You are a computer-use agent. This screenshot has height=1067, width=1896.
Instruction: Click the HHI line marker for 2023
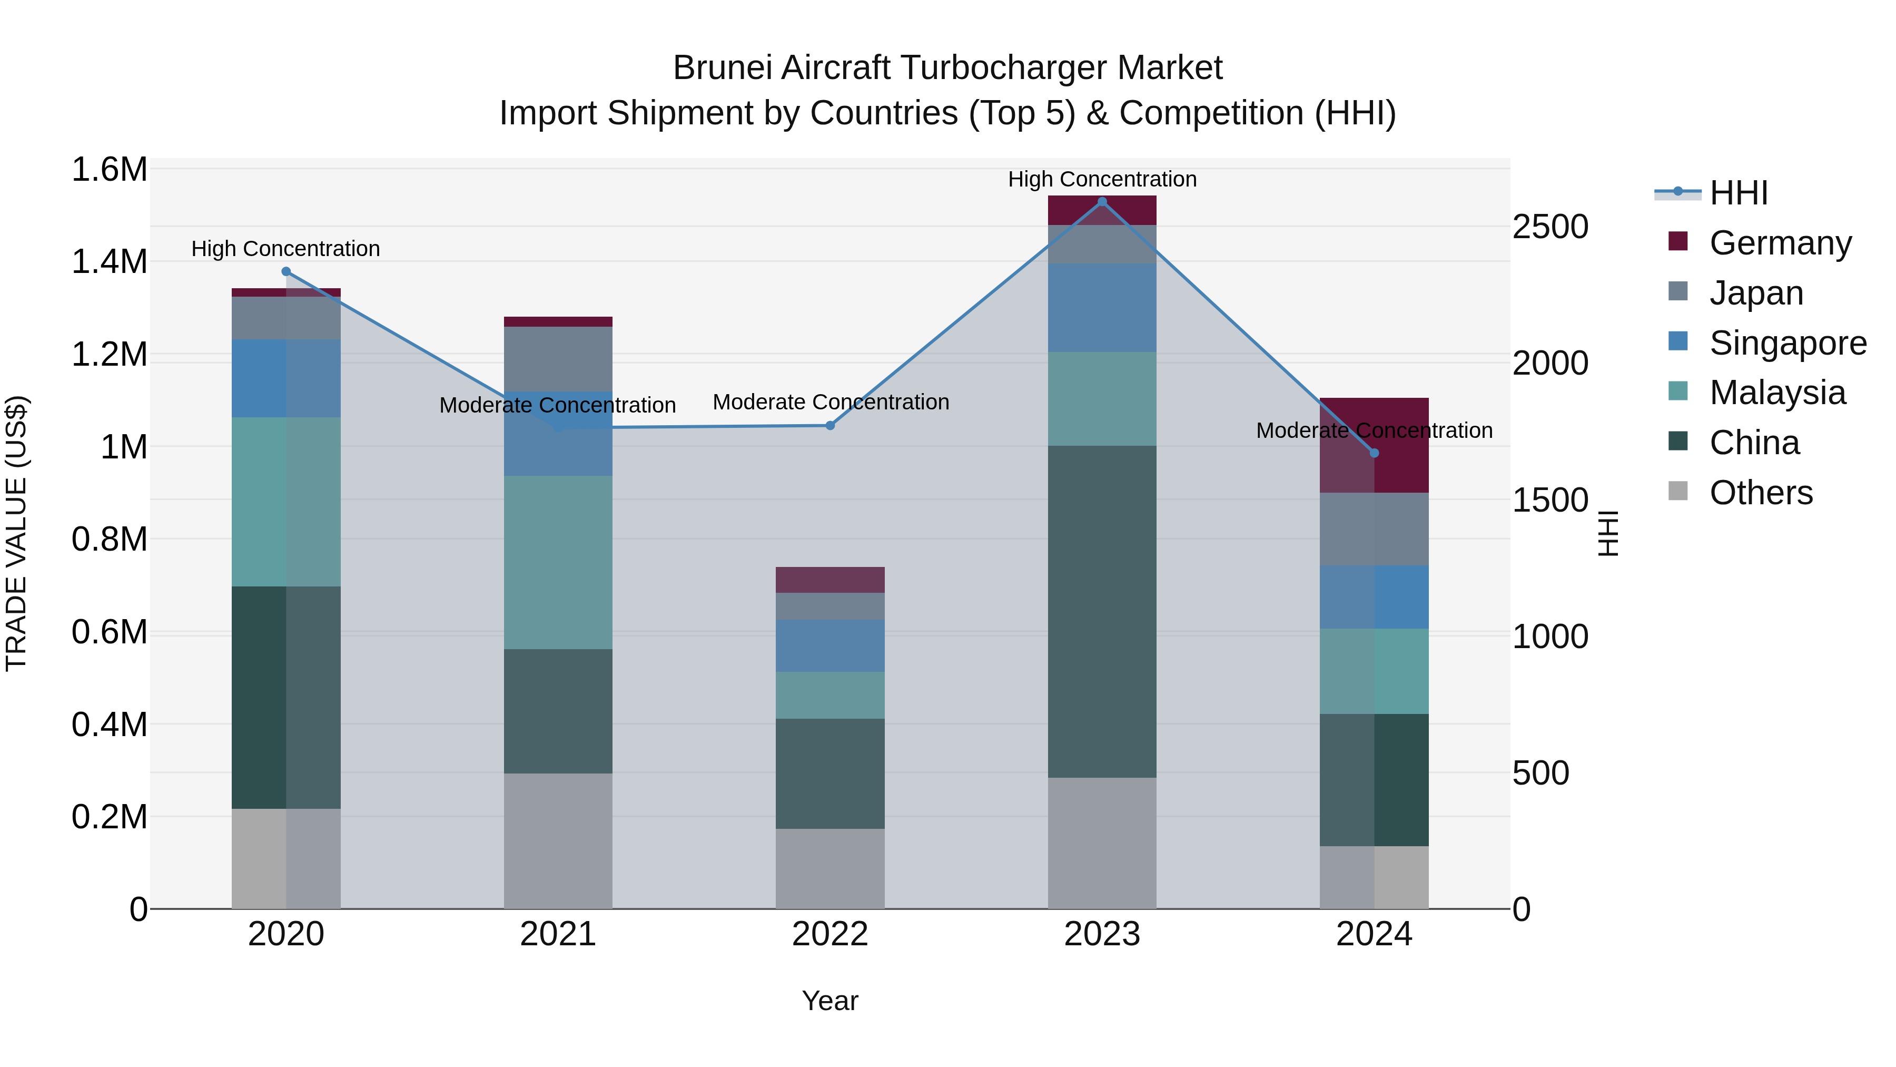tap(1102, 202)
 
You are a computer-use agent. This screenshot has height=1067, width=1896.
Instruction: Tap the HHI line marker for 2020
tap(287, 272)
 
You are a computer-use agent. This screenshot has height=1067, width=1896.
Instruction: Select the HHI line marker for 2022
tap(830, 426)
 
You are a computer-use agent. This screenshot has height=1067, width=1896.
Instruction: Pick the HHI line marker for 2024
tap(1374, 453)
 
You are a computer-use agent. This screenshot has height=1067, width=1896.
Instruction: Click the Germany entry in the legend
tap(1780, 242)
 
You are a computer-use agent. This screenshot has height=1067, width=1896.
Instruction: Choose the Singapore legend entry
tap(1787, 342)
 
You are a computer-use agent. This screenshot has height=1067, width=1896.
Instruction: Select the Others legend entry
tap(1761, 493)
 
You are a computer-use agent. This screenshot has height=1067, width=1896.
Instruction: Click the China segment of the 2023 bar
tap(1102, 611)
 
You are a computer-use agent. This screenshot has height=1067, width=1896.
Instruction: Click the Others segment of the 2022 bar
tap(830, 868)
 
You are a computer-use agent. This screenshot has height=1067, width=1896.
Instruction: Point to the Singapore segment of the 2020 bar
tap(287, 378)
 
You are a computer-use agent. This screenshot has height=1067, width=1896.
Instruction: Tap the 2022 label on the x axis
tap(830, 934)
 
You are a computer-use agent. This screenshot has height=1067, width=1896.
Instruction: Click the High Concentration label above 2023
tap(1102, 179)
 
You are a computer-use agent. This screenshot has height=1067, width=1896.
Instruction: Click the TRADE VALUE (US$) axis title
tap(16, 533)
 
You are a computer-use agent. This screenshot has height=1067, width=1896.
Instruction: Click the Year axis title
tap(830, 1001)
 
